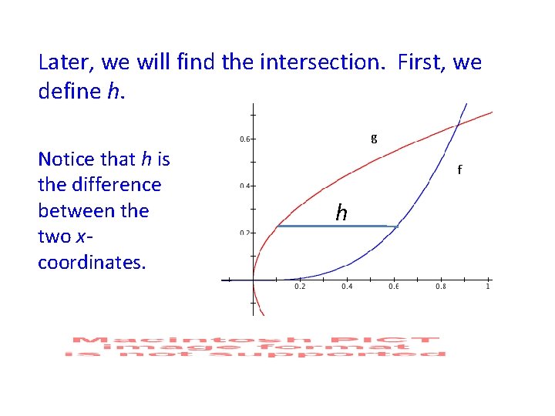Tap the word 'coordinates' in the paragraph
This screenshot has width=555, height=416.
[x=90, y=262]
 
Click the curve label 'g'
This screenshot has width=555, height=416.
[x=374, y=138]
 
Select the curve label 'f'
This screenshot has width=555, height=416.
[x=459, y=169]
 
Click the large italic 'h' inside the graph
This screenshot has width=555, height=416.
[x=341, y=213]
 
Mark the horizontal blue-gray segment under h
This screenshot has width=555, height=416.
[x=336, y=226]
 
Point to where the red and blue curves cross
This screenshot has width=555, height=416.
[x=459, y=122]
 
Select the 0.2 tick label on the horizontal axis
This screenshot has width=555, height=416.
[x=301, y=287]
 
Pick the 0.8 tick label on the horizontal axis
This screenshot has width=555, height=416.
[x=441, y=287]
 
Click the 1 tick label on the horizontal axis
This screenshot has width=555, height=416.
[x=488, y=287]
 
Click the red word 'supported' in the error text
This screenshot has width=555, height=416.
[x=402, y=354]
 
